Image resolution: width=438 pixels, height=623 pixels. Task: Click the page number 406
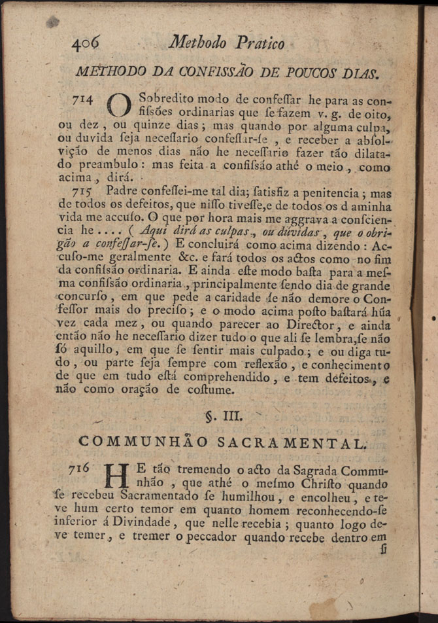pyautogui.click(x=85, y=43)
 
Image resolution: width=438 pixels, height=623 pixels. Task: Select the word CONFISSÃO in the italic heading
pyautogui.click(x=209, y=71)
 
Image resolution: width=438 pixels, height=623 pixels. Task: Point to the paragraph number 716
pyautogui.click(x=84, y=471)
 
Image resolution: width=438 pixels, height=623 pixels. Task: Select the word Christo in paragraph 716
pyautogui.click(x=330, y=484)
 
